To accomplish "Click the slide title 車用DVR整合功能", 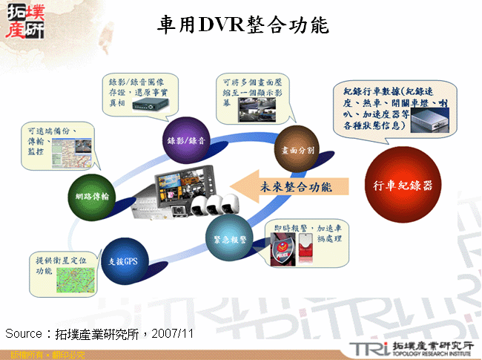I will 243,25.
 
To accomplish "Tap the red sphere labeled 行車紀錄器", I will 402,182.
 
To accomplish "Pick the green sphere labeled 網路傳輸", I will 92,197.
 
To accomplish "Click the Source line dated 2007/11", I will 100,333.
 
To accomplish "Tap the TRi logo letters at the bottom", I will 367,349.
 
